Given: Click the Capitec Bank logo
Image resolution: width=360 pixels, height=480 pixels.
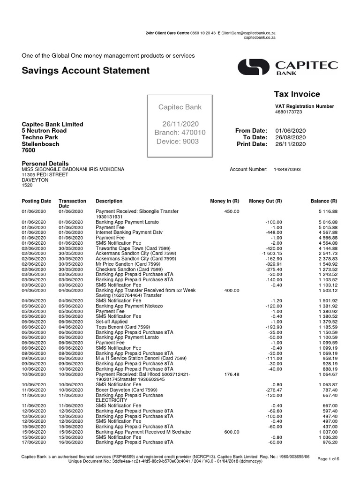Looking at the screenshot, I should click(x=287, y=67).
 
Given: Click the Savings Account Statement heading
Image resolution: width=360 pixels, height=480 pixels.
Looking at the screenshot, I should click(x=86, y=71).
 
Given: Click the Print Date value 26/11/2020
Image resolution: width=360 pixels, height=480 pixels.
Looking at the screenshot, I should click(x=290, y=144).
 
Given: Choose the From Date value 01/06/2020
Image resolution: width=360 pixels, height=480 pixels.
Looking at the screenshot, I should click(x=290, y=130).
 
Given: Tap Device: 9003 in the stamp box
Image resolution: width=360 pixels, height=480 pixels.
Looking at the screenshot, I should click(x=177, y=142).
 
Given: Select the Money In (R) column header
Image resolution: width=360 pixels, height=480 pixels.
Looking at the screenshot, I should click(x=225, y=201).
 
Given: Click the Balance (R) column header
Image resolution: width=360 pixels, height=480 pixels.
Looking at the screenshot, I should click(x=324, y=201).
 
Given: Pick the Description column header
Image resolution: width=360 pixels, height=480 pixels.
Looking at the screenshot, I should click(x=109, y=201).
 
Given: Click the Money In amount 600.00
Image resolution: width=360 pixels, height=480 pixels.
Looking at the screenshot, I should click(x=232, y=433).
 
